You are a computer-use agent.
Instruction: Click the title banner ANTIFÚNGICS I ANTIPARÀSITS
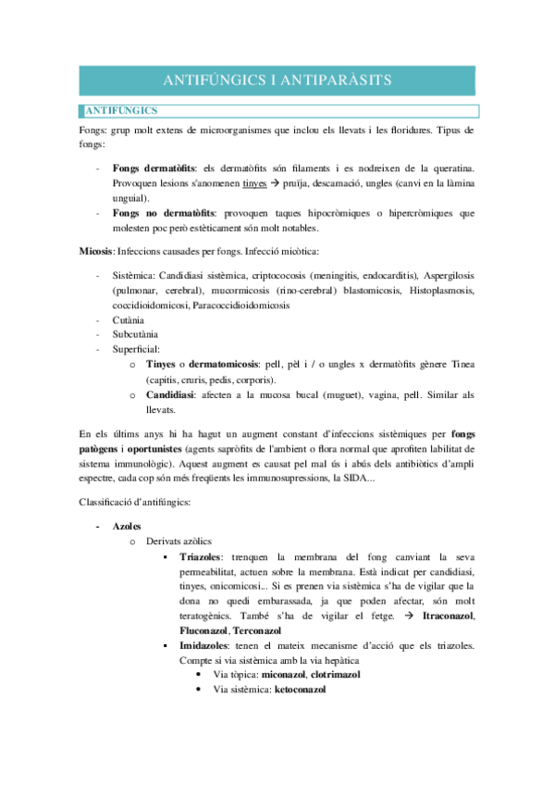[x=277, y=81]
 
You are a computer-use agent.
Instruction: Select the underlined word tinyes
[x=254, y=183]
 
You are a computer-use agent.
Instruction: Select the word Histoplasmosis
[x=443, y=291]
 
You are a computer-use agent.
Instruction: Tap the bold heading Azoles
[x=127, y=525]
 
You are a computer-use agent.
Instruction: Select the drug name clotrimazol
[x=332, y=675]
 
